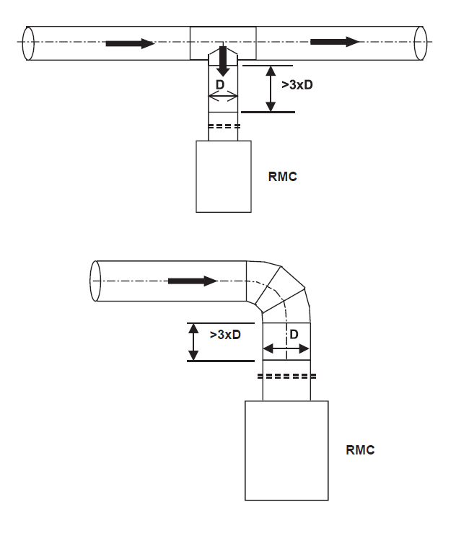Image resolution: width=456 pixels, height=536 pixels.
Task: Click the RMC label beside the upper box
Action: pyautogui.click(x=282, y=177)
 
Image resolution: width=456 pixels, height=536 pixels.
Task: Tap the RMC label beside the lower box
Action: pyautogui.click(x=360, y=450)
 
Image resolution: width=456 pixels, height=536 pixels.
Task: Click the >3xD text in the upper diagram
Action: pyautogui.click(x=297, y=85)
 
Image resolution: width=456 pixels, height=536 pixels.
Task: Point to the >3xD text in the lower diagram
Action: pyautogui.click(x=225, y=334)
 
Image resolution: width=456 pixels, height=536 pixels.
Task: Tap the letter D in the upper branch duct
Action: pyautogui.click(x=220, y=84)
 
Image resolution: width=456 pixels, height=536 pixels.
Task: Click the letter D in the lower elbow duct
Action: pyautogui.click(x=294, y=334)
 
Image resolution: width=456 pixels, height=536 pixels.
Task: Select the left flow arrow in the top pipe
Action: pyautogui.click(x=131, y=43)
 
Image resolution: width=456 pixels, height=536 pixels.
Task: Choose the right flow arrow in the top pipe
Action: pyautogui.click(x=335, y=42)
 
